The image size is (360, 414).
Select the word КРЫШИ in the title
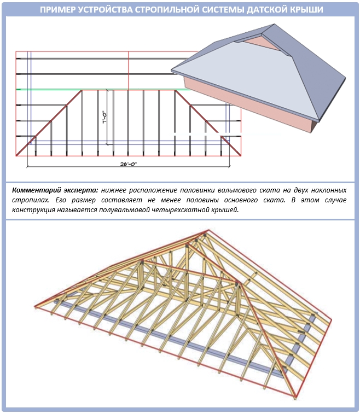[x=307, y=10]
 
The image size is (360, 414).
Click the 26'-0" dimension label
[x=129, y=164]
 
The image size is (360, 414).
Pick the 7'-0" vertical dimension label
[x=104, y=118]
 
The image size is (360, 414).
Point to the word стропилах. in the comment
[x=31, y=200]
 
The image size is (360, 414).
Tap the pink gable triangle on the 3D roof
[x=258, y=42]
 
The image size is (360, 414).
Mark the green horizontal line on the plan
[x=103, y=90]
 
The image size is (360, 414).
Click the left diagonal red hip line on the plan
[x=49, y=123]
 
